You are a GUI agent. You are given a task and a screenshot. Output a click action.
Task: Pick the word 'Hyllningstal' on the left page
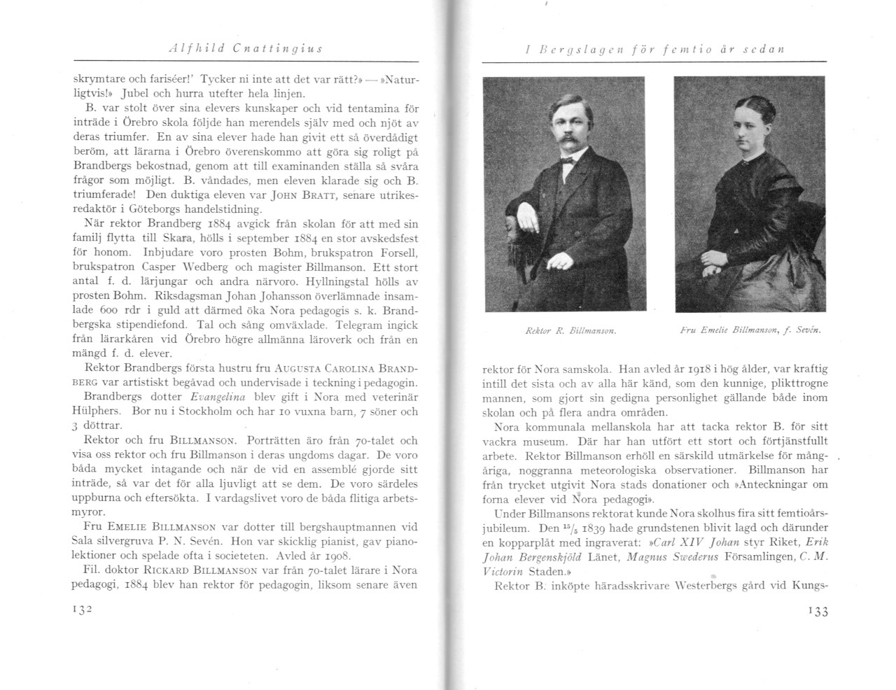pyautogui.click(x=342, y=281)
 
